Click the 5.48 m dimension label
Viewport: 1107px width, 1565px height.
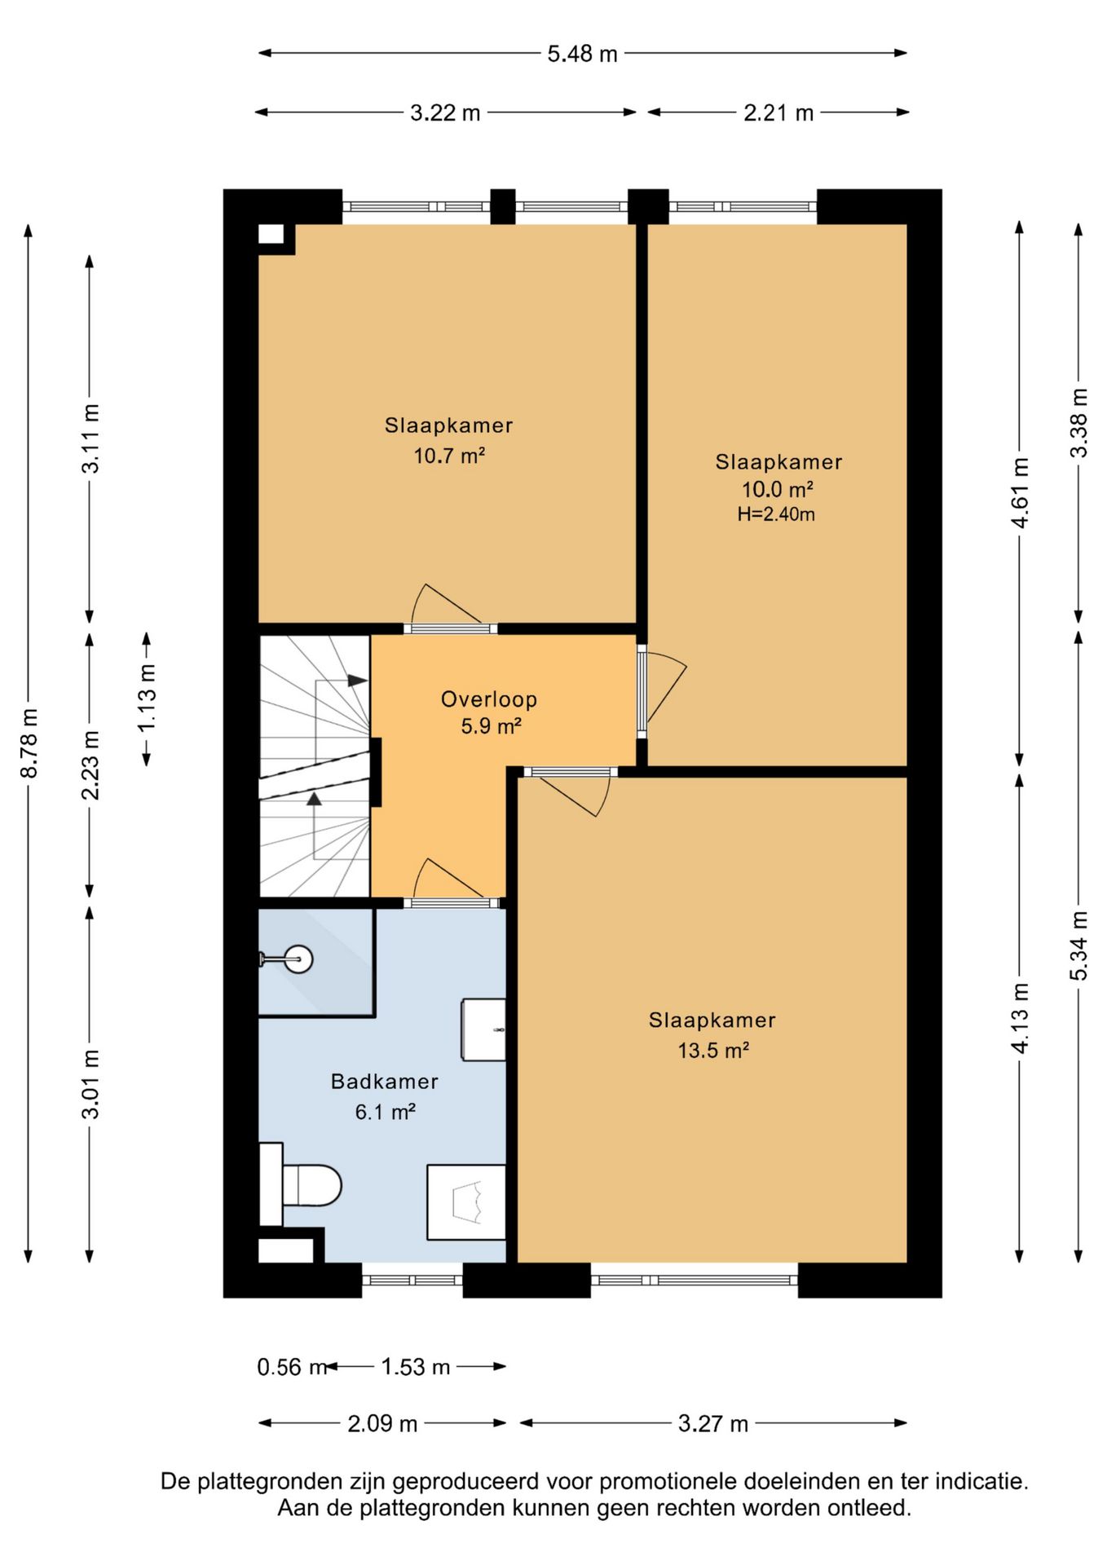(x=582, y=54)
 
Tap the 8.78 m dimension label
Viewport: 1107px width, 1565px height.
(x=29, y=743)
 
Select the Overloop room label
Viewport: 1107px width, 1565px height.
(x=489, y=699)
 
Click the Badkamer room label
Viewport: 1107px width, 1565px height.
(x=385, y=1081)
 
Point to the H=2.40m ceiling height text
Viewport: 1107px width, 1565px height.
(x=776, y=514)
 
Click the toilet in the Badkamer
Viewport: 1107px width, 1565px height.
(x=300, y=1184)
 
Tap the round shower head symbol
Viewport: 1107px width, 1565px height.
(x=299, y=959)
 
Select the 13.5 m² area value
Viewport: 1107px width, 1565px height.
(x=713, y=1050)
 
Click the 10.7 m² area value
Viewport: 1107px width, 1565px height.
(x=449, y=455)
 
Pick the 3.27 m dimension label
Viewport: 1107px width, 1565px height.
(x=713, y=1423)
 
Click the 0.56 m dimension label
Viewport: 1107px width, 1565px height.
(x=292, y=1367)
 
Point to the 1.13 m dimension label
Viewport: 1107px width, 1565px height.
(x=147, y=699)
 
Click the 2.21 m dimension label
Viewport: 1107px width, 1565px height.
(x=778, y=112)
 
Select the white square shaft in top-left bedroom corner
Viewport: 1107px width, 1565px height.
(x=271, y=234)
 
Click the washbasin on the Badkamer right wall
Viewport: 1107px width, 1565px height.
(x=483, y=1029)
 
